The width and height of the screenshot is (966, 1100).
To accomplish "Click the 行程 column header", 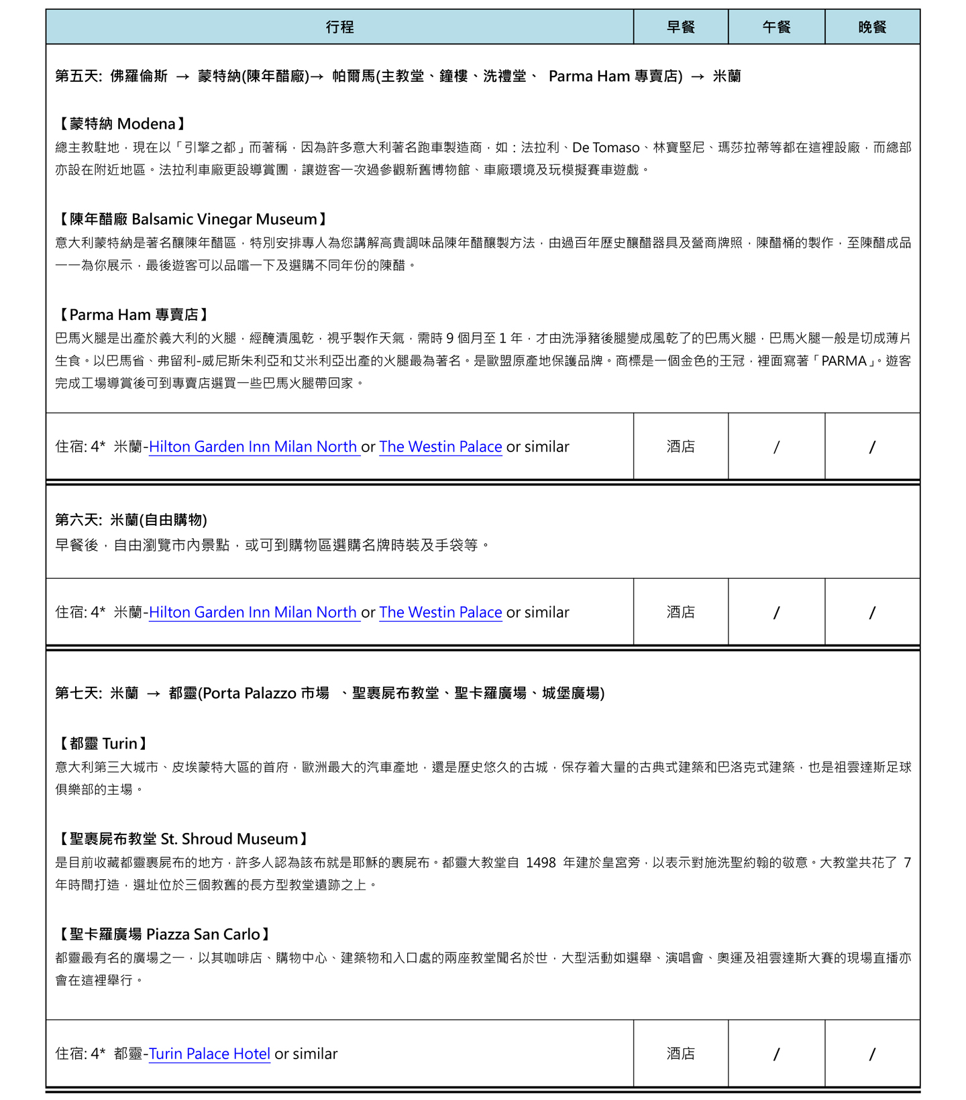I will (339, 27).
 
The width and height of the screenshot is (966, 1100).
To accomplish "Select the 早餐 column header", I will (680, 27).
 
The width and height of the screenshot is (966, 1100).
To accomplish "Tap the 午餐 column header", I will (776, 27).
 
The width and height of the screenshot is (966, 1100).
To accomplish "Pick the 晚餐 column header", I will (872, 27).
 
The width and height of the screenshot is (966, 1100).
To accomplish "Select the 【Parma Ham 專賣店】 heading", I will (133, 315).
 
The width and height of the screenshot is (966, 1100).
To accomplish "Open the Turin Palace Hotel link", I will (209, 1054).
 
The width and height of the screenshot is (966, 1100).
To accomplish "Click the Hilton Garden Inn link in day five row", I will (253, 447).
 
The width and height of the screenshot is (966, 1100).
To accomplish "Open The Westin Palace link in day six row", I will (441, 612).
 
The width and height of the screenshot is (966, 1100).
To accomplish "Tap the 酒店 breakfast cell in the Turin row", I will (680, 1054).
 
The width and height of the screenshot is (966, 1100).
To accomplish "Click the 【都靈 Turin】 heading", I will (103, 743).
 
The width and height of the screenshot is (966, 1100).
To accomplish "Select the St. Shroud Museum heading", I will (183, 839).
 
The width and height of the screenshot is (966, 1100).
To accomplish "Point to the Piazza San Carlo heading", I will (164, 934).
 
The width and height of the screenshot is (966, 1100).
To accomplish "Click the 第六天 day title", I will (131, 520).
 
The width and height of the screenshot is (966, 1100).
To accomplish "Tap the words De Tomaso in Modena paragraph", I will (606, 148).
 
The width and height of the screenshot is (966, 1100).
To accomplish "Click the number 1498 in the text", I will (541, 863).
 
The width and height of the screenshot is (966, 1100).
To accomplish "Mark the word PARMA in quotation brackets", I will (844, 361).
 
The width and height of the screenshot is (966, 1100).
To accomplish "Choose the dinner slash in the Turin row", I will (872, 1054).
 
